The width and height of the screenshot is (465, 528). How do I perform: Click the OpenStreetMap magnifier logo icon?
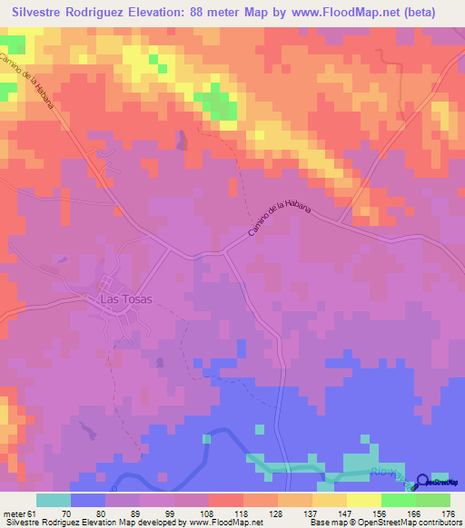click(x=423, y=481)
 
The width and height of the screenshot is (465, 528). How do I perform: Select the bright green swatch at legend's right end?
click(x=432, y=500)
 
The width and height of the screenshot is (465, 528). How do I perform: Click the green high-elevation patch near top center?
click(x=219, y=103)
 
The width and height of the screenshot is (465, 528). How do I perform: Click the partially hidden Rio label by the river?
click(x=386, y=472)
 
